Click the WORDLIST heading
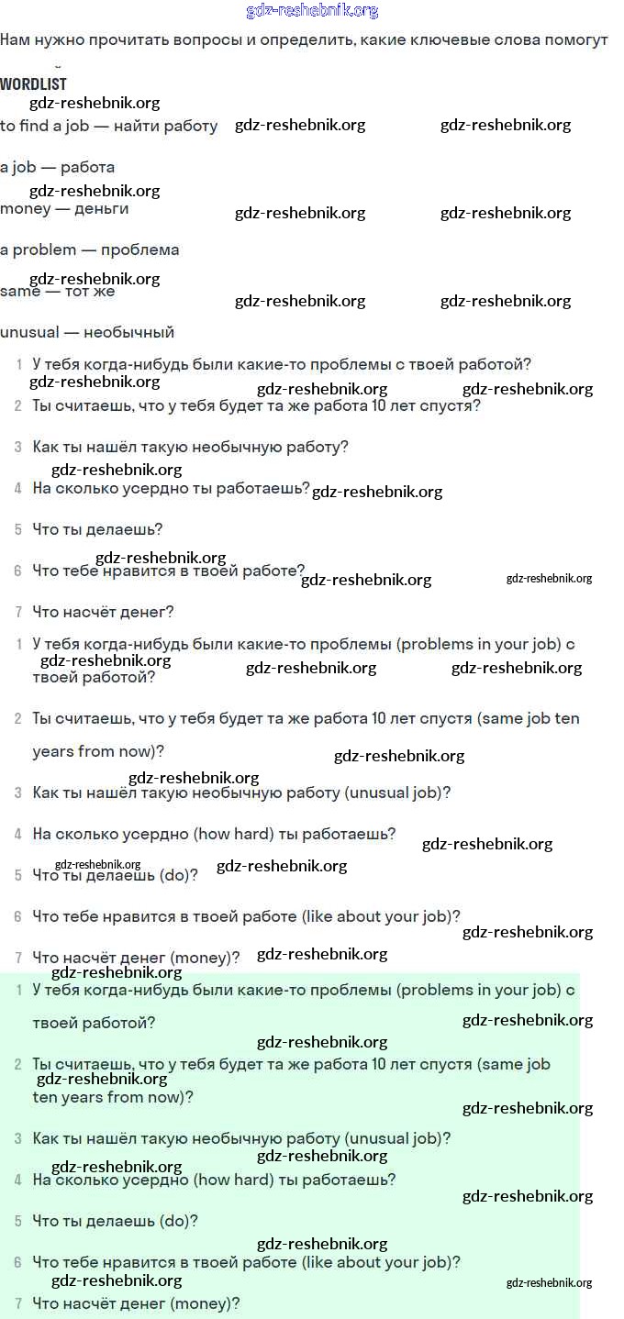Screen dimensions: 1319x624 [x=33, y=83]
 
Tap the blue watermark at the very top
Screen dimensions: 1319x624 [x=312, y=11]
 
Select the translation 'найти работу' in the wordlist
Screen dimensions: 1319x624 [x=165, y=126]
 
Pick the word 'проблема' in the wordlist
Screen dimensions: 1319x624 [x=139, y=249]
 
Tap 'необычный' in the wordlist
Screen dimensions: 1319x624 [x=128, y=332]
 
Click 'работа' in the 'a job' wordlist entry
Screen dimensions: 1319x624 [x=87, y=167]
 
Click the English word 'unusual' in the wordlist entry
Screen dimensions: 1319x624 [x=29, y=332]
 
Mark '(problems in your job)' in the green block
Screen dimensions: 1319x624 [x=478, y=990]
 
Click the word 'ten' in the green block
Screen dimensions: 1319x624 [x=44, y=1097]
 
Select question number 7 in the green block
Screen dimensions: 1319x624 [x=18, y=1303]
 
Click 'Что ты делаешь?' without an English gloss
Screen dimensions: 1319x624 [x=97, y=529]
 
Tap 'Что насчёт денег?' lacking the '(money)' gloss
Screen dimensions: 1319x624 [x=103, y=612]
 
